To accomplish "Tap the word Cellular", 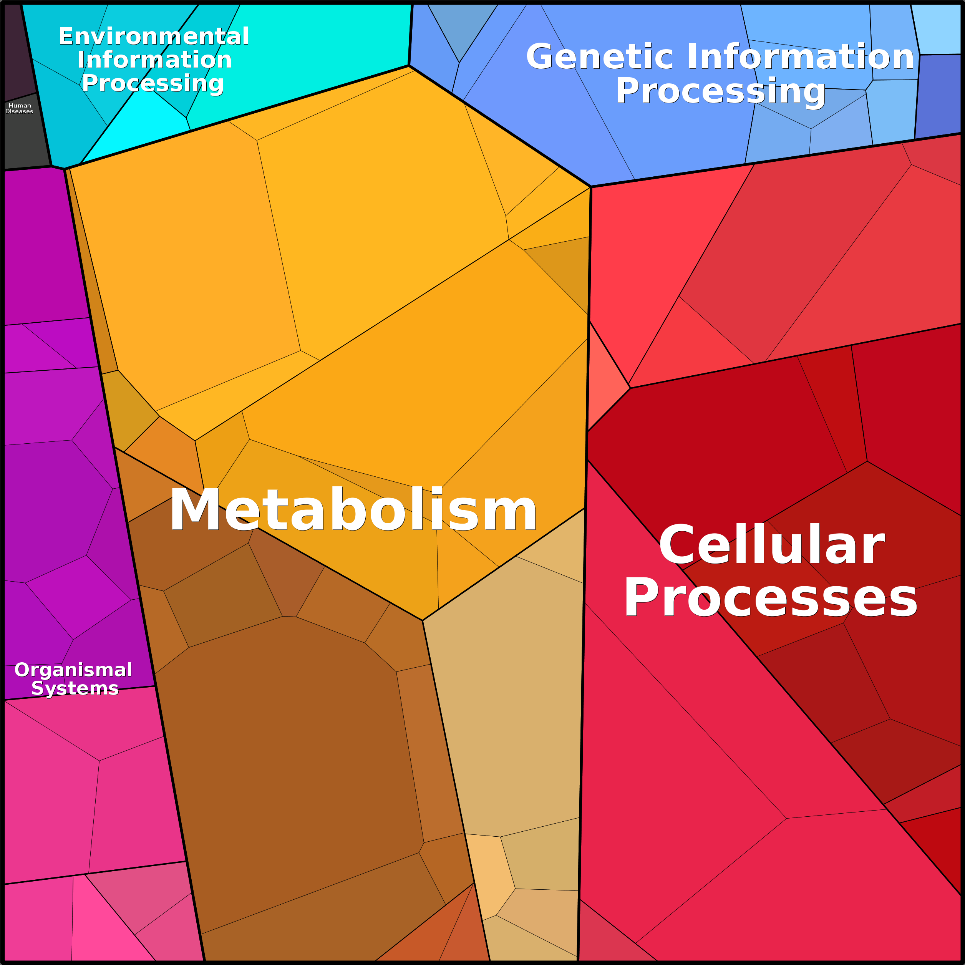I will click(x=771, y=546).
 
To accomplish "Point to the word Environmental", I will click(x=154, y=36).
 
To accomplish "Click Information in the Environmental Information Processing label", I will click(x=155, y=60).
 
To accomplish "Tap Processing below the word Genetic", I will click(x=720, y=91).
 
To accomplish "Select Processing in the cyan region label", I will click(x=153, y=83).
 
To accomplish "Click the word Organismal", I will click(x=73, y=670).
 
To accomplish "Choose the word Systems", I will click(x=75, y=688).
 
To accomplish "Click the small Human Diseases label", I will click(x=20, y=108).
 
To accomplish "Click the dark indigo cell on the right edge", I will click(x=939, y=95).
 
